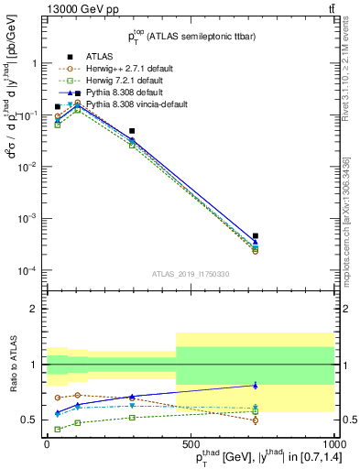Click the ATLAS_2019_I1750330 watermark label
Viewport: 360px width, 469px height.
click(x=190, y=274)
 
